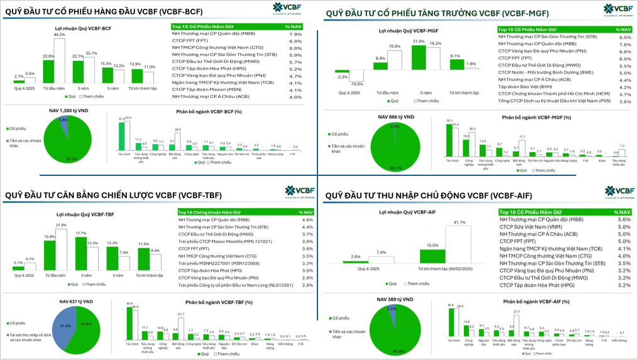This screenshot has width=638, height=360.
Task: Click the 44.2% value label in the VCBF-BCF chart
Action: click(60, 35)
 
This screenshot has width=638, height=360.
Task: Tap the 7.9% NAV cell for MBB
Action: click(295, 34)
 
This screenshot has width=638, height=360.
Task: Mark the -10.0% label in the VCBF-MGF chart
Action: click(356, 84)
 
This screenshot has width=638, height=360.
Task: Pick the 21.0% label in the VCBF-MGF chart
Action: click(419, 41)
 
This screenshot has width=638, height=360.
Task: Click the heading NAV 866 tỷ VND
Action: click(396, 117)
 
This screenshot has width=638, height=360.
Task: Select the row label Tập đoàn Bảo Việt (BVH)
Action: click(525, 87)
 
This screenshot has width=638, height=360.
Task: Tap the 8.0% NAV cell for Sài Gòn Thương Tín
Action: click(624, 37)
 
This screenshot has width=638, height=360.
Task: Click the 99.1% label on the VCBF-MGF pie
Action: click(395, 168)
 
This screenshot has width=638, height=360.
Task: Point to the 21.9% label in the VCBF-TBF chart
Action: click(61, 225)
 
